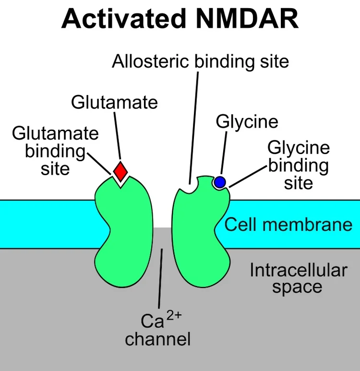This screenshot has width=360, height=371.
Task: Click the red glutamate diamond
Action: point(120,171)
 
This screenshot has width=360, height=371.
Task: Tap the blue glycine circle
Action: point(220,182)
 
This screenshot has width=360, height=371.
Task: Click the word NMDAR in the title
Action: point(247,19)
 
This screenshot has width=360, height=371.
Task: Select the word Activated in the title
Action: point(123,19)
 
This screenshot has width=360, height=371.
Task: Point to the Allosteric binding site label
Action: point(200,61)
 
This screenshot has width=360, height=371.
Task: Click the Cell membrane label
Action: point(288,224)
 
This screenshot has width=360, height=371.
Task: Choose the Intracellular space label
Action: point(298,278)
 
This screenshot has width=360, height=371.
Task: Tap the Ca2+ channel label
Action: point(158,329)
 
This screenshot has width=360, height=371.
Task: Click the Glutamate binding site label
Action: point(55,151)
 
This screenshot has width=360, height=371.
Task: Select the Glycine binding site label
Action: point(299,165)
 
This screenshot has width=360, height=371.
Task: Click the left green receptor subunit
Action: point(123,232)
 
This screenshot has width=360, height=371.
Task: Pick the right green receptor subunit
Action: point(201,232)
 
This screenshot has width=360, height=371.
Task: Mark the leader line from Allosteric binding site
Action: point(194,128)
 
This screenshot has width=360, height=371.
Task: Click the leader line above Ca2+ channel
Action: point(160,278)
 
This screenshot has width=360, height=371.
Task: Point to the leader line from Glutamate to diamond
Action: point(118,135)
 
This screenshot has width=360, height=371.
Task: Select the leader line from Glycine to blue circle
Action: point(224,153)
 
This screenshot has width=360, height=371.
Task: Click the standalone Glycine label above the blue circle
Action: point(247,122)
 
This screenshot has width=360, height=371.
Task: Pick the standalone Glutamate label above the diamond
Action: point(114,102)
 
